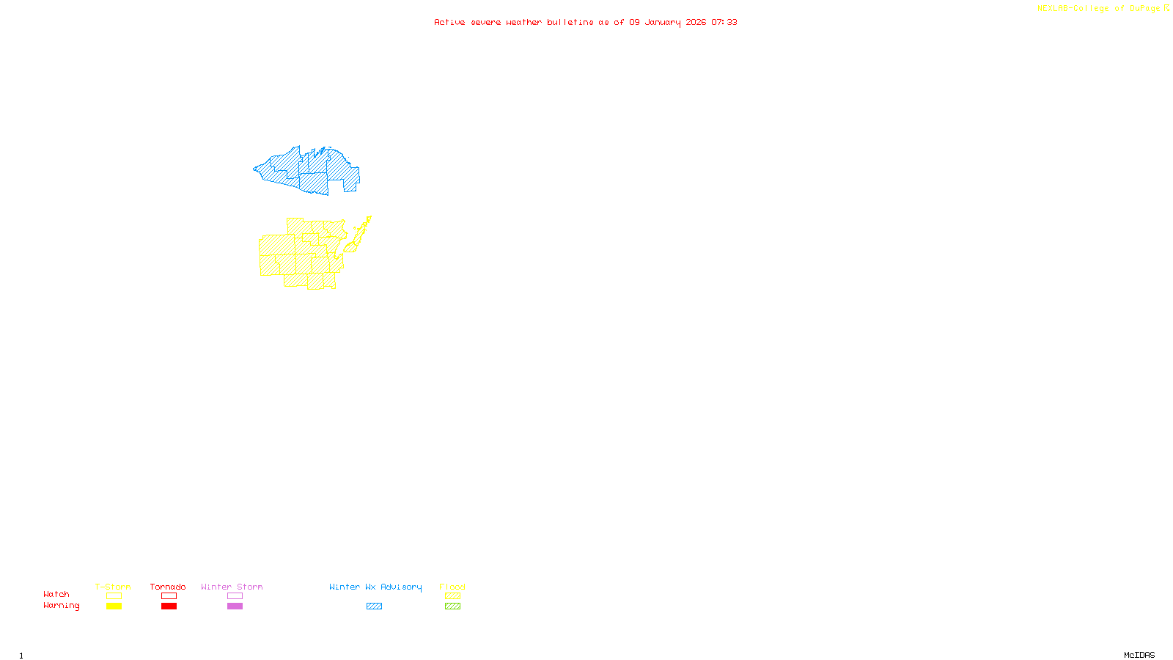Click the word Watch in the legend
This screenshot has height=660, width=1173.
56,595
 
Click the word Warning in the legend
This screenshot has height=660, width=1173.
62,606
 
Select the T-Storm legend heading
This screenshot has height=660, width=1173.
113,587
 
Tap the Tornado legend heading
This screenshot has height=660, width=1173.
168,587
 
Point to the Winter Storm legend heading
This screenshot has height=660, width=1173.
232,587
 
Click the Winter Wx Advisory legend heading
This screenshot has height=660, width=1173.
375,587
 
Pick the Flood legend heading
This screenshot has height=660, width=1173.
452,587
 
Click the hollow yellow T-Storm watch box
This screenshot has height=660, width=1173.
114,596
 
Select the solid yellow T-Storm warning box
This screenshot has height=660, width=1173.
114,606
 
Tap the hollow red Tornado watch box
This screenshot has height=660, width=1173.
169,596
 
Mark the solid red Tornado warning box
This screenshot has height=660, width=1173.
169,606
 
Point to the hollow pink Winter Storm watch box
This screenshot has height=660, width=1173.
235,596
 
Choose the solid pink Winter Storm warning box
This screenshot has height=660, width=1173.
235,606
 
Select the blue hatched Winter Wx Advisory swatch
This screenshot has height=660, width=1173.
374,606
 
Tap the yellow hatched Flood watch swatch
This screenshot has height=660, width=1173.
452,596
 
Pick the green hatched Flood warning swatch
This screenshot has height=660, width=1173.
452,606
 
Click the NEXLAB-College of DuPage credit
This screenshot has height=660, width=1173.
1098,9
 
